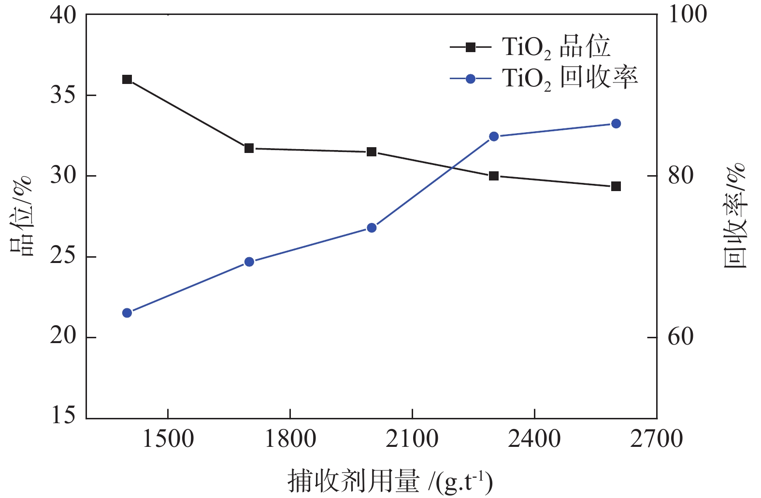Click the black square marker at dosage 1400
(127, 80)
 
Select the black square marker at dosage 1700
(249, 148)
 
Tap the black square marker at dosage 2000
(372, 152)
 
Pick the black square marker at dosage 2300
(494, 176)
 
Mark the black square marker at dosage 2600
(616, 186)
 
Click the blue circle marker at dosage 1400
(127, 313)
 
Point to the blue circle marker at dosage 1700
(249, 262)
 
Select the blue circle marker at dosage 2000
(372, 228)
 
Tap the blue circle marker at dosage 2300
(494, 137)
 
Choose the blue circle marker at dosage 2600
(616, 124)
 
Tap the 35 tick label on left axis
(63, 96)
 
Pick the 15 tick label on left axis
(63, 415)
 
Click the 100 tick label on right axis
(687, 14)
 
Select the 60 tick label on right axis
(680, 337)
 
